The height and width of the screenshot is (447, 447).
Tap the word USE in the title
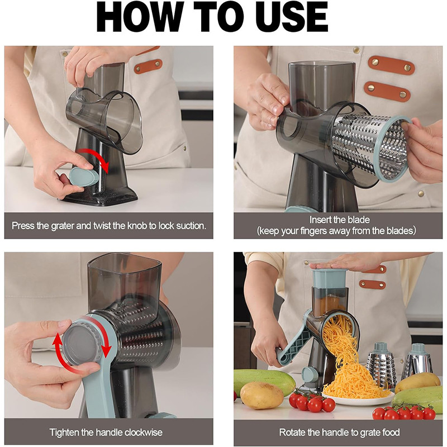pyautogui.click(x=286, y=18)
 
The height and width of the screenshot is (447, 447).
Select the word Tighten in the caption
pyautogui.click(x=64, y=432)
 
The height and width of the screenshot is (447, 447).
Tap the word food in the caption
pyautogui.click(x=391, y=432)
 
